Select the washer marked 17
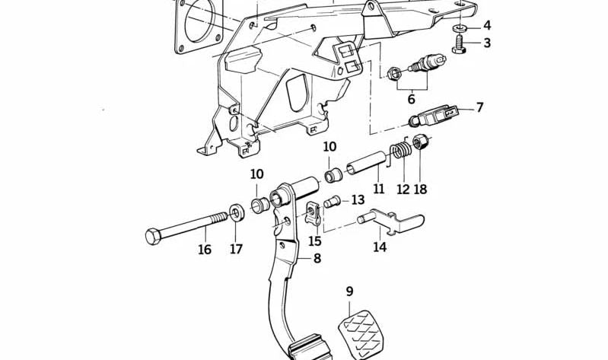(236, 211)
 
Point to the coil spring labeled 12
(402, 155)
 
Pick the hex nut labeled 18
(420, 143)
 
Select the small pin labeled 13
(331, 202)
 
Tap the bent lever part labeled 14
(388, 221)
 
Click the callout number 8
(317, 258)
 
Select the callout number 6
(411, 99)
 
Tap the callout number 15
(315, 241)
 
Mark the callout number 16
(205, 249)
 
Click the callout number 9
(349, 291)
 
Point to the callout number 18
(421, 189)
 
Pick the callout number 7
(479, 107)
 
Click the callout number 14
(379, 247)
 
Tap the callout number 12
(403, 189)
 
